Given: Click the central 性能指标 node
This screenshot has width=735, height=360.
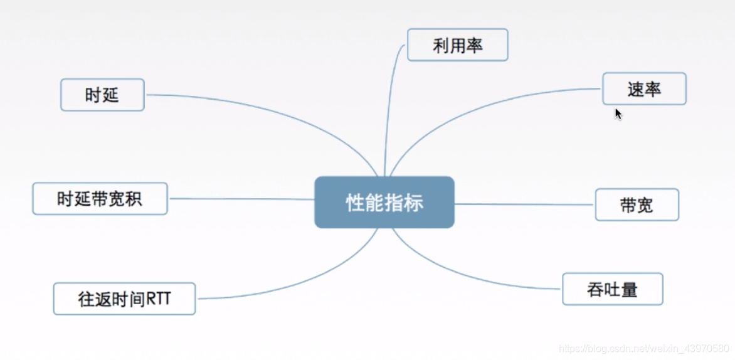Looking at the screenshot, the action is coord(384,203).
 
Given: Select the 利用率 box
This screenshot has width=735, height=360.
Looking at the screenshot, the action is coord(457,45).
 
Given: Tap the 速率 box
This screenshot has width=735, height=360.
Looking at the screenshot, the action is coord(644,89).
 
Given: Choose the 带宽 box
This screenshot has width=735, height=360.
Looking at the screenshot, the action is coord(637,205).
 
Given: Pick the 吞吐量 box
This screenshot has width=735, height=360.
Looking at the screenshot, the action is coord(612,289).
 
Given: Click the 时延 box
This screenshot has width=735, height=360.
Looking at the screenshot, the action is coord(102,95).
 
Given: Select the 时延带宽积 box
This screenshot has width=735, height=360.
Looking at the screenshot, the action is coord(100,199).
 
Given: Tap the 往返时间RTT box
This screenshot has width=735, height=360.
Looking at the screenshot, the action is coord(124,299).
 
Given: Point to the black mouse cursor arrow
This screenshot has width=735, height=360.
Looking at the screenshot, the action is coord(618,114).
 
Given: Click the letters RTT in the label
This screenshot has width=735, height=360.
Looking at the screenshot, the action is coord(159,300).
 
